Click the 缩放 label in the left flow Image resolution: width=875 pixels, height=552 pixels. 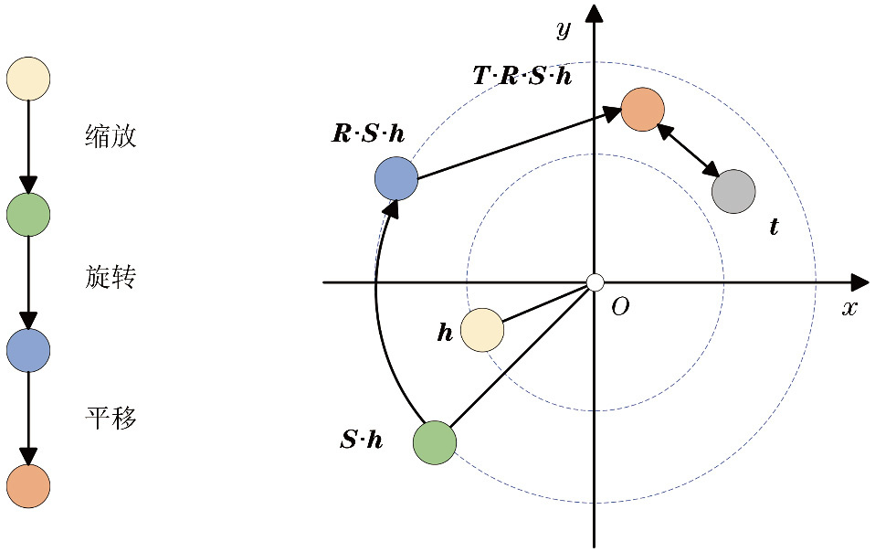(111, 137)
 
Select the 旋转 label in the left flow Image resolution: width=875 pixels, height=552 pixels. (111, 277)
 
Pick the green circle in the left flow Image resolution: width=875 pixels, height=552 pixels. (28, 214)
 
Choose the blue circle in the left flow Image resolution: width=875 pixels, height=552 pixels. (28, 349)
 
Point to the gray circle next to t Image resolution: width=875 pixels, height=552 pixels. (733, 192)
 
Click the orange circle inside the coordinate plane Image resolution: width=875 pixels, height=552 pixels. (642, 109)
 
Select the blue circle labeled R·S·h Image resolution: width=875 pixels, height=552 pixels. (396, 178)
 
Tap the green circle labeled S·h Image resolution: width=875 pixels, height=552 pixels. (435, 442)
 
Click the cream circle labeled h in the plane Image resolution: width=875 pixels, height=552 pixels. (482, 330)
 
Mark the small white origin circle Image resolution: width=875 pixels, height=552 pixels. (595, 282)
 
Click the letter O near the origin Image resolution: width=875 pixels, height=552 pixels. (620, 307)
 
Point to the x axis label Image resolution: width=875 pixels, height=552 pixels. (849, 308)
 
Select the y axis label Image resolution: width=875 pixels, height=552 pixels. (564, 30)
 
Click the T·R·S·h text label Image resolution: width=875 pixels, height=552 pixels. (522, 76)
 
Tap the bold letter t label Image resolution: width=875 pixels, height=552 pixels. (775, 227)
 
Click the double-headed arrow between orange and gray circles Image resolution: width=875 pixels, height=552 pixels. (688, 150)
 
